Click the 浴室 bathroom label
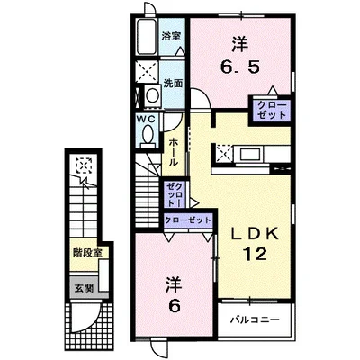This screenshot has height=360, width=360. pos(172,36)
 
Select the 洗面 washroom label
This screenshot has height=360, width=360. pos(173,83)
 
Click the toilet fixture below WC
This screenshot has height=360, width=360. pos(147,138)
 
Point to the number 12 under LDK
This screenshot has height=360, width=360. pos(253,254)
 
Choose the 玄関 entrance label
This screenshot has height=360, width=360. pos(84,288)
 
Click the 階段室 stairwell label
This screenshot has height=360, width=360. pos(86,255)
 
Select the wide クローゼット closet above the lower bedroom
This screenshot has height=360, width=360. pos(188,219)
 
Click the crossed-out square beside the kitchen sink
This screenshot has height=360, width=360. pos(222,154)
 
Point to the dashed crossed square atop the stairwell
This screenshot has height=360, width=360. pos(84,166)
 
